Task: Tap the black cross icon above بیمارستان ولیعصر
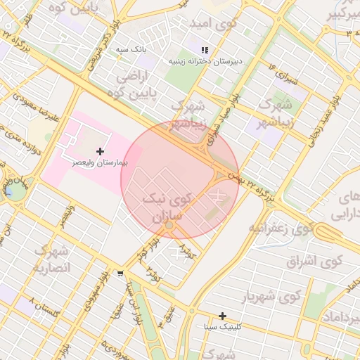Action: pos(101,151)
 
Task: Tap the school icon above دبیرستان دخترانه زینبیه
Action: pos(205,51)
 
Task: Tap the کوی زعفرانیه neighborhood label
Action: pos(280,229)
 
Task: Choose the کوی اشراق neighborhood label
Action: pos(314,262)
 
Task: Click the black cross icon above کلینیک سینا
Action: pos(222,316)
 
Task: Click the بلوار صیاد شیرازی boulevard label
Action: pos(226,117)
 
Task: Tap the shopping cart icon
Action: pos(121,274)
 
